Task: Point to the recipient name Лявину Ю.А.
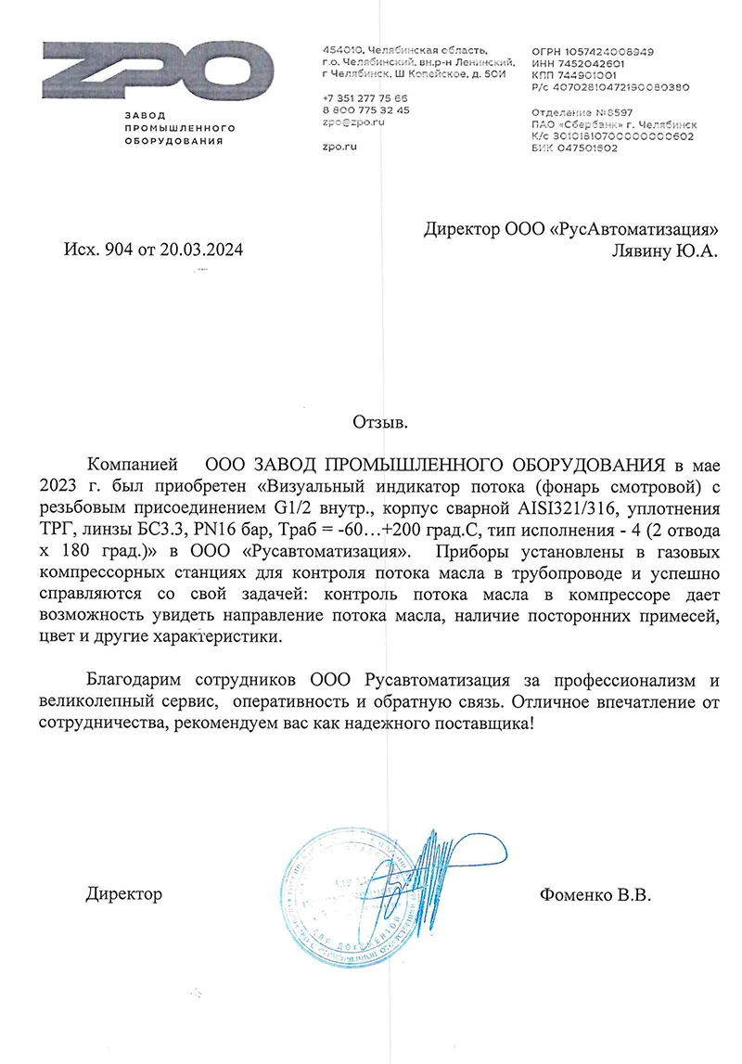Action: pos(665,250)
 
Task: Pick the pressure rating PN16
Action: pos(238,528)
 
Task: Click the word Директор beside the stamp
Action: pos(123,895)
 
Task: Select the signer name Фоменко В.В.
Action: pos(595,895)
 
